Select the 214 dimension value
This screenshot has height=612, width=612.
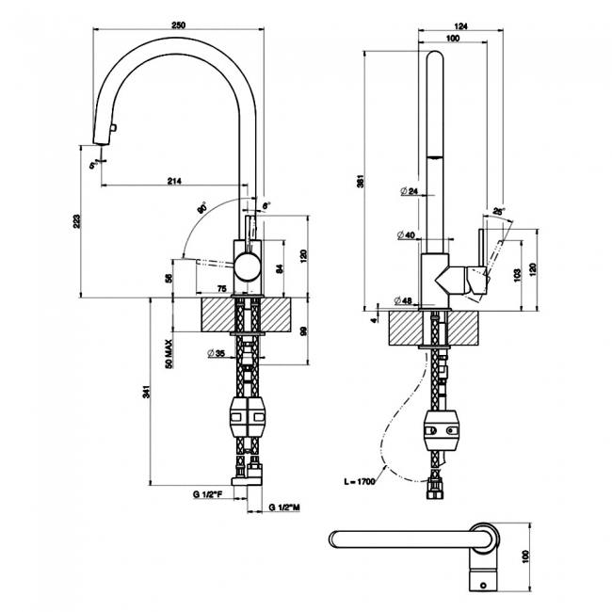(x=174, y=180)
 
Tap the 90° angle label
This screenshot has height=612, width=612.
(x=201, y=208)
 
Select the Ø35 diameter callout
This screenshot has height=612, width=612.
(x=216, y=354)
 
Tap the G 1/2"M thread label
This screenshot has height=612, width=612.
(x=284, y=508)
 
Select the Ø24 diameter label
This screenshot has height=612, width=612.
(x=409, y=192)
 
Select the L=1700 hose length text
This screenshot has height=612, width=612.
(x=361, y=481)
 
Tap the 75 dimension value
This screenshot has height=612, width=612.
(x=222, y=288)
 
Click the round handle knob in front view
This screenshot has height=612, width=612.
(x=248, y=266)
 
